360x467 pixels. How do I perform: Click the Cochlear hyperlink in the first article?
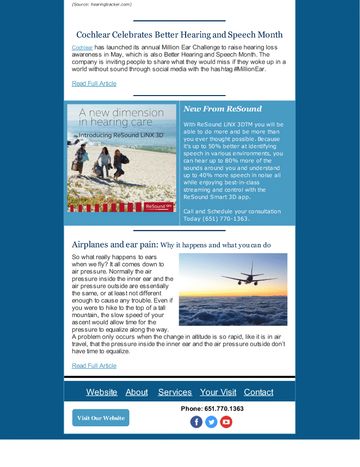(82, 48)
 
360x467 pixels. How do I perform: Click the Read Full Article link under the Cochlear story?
(94, 83)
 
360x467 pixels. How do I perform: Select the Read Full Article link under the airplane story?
(94, 366)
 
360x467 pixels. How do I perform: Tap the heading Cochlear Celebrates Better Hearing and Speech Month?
(180, 35)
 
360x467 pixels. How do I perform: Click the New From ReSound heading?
(223, 109)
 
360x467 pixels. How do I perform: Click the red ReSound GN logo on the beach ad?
(159, 206)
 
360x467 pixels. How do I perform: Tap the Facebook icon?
(196, 422)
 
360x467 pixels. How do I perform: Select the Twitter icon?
(211, 422)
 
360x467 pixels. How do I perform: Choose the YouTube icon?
(226, 422)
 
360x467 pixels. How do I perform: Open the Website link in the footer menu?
(102, 392)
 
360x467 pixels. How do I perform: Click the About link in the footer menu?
(137, 392)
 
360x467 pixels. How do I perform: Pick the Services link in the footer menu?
(175, 392)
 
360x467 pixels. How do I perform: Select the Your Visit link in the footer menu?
(218, 392)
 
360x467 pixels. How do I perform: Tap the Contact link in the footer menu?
(259, 392)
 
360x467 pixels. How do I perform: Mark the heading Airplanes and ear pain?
(115, 245)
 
